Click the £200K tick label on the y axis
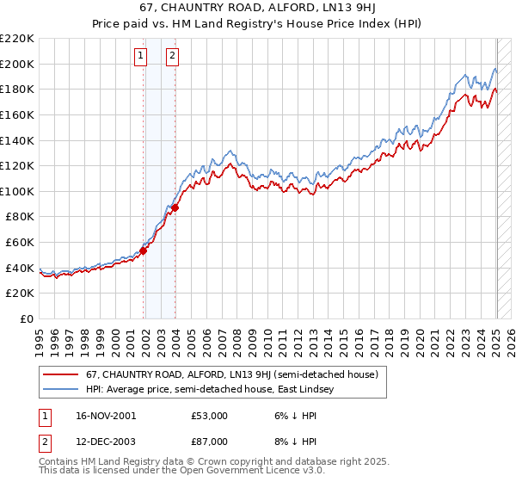(17, 64)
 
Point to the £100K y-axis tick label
(17, 191)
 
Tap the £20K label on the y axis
(20, 294)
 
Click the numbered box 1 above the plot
(140, 57)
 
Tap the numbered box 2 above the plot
(172, 57)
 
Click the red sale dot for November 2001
(144, 250)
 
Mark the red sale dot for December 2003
(175, 207)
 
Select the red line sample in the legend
(62, 374)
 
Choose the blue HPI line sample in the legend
(62, 390)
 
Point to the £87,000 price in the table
(209, 443)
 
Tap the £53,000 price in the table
(209, 416)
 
